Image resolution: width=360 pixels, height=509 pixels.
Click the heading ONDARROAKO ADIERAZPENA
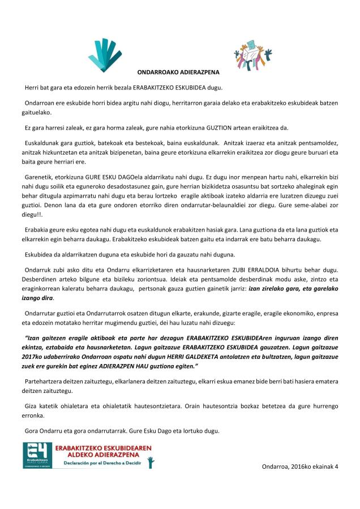(x=178, y=72)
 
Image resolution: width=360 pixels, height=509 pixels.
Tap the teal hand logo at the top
(x=105, y=55)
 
